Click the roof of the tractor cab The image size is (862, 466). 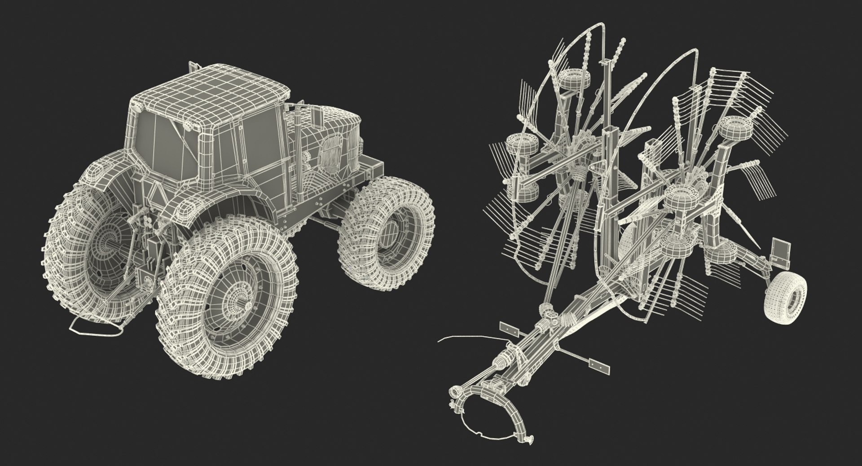tap(211, 90)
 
